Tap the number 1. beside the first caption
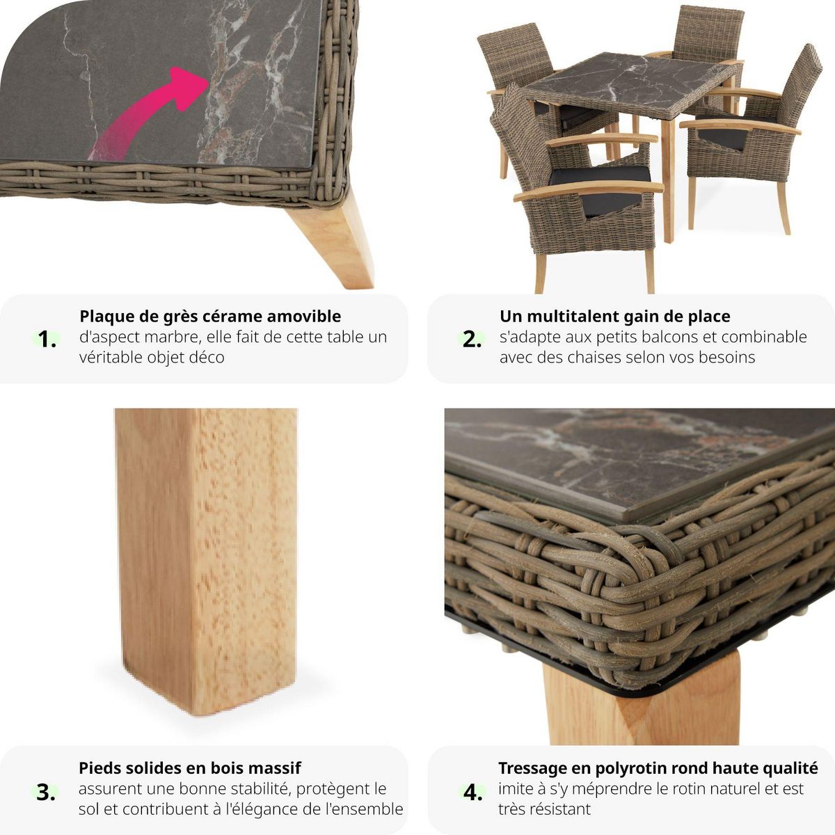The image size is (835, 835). pos(47,340)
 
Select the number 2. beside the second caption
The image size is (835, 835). pos(472,340)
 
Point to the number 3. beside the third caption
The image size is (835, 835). pos(46,792)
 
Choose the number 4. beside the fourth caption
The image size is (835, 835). pos(473,792)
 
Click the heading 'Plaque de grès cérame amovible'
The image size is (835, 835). pos(210,317)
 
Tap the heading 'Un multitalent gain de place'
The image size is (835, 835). pos(614,317)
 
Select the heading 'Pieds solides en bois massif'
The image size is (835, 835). pos(189,768)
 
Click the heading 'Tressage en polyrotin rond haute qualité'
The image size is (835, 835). pos(658,768)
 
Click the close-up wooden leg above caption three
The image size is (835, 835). pos(207,557)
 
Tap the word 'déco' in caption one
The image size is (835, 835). pos(206,358)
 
